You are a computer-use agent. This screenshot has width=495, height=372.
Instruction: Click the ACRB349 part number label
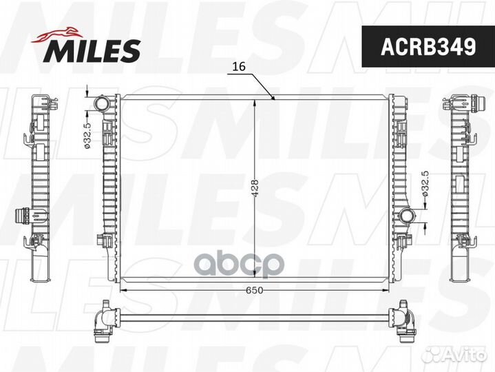tap(428, 47)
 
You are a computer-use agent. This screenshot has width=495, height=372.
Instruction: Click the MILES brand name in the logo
tap(94, 50)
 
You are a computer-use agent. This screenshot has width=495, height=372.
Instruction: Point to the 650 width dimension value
tap(255, 289)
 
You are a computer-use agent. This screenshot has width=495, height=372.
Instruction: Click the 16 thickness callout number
tap(238, 67)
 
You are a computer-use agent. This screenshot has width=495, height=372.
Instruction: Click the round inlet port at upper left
tap(102, 105)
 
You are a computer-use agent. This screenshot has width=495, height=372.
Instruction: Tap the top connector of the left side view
tap(41, 104)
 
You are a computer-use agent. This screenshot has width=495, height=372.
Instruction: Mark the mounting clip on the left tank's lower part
tap(105, 240)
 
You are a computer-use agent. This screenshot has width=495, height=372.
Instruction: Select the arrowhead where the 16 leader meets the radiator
tap(275, 99)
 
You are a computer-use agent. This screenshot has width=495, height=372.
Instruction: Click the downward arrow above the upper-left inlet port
tap(88, 94)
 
